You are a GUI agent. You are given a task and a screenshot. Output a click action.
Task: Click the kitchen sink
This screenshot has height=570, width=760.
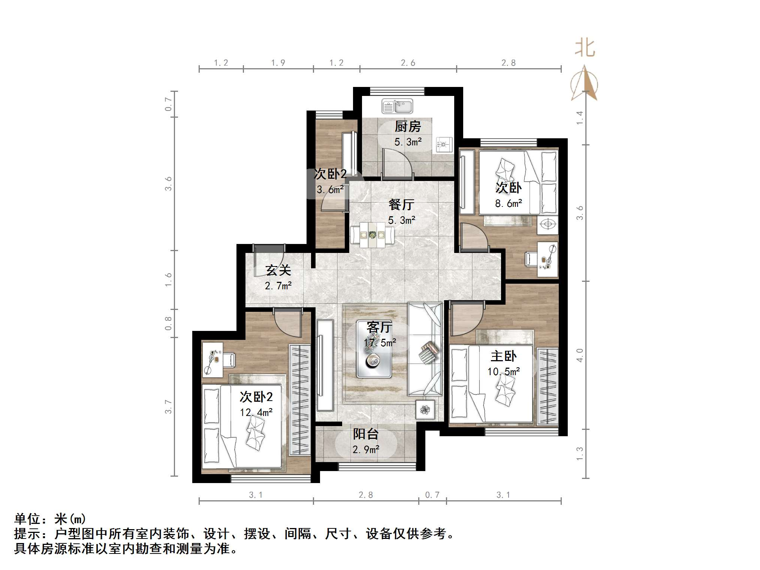397,106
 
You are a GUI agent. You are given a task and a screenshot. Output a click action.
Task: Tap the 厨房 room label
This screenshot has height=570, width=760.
408,127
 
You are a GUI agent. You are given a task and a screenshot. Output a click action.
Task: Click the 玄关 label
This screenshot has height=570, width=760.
278,270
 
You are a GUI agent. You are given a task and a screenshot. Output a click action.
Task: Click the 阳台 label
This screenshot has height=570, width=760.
366,434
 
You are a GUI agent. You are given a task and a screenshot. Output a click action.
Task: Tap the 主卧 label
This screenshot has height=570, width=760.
503,356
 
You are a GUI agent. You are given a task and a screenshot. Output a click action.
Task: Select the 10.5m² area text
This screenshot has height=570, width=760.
503,372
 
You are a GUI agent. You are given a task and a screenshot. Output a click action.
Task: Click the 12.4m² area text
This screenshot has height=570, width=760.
256,413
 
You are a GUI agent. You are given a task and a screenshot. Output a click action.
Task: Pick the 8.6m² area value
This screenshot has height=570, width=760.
509,203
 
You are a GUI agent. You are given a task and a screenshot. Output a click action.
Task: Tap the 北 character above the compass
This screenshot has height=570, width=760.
585,48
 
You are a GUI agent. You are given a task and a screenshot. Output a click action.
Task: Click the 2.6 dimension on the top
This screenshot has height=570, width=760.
408,63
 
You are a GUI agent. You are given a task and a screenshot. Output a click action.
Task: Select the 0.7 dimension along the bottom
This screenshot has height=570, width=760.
432,495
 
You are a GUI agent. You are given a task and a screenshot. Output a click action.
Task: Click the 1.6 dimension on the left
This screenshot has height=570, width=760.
168,280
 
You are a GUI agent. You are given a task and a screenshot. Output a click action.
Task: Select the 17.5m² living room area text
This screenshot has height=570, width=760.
380,343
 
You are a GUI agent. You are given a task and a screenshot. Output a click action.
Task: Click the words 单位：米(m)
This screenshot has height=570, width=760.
50,519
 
